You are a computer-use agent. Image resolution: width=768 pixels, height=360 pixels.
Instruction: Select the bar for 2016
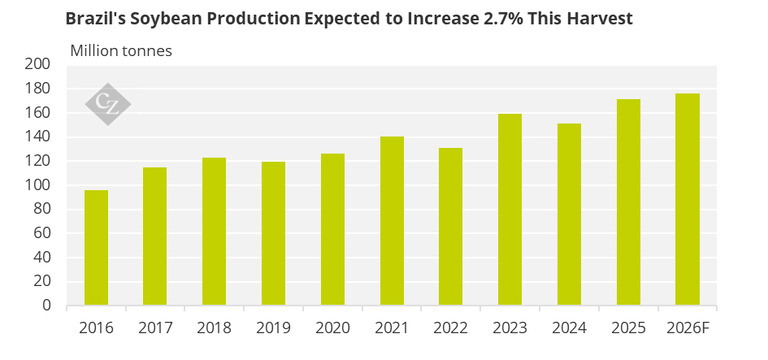pos(97,248)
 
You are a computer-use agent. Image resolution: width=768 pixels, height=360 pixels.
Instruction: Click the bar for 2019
pos(274,234)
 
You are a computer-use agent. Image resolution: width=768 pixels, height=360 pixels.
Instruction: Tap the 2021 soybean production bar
pos(392,221)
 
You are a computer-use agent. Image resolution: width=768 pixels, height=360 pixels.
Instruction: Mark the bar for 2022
pos(451,227)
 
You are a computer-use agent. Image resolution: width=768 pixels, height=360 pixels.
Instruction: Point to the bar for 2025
pos(628,202)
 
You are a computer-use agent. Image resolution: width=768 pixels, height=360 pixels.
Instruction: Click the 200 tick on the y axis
pos(38,64)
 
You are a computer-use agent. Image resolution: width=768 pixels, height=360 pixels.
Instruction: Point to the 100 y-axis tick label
pos(38,185)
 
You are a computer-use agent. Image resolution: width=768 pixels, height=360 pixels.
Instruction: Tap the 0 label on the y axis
pos(47,306)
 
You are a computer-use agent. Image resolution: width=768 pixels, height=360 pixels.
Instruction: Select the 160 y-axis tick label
pos(38,113)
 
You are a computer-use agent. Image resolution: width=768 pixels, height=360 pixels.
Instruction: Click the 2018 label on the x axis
pos(215,329)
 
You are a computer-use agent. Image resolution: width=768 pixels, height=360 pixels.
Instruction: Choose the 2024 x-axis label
pos(569,329)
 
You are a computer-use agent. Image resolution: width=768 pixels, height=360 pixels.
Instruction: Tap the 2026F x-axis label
pos(688,329)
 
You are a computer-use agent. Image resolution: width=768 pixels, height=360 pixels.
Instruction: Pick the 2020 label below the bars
pos(332,329)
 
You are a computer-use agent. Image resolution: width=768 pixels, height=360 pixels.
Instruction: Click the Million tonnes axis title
pos(121,50)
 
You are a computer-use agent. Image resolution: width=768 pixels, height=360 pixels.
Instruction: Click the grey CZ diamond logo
pos(108,102)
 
